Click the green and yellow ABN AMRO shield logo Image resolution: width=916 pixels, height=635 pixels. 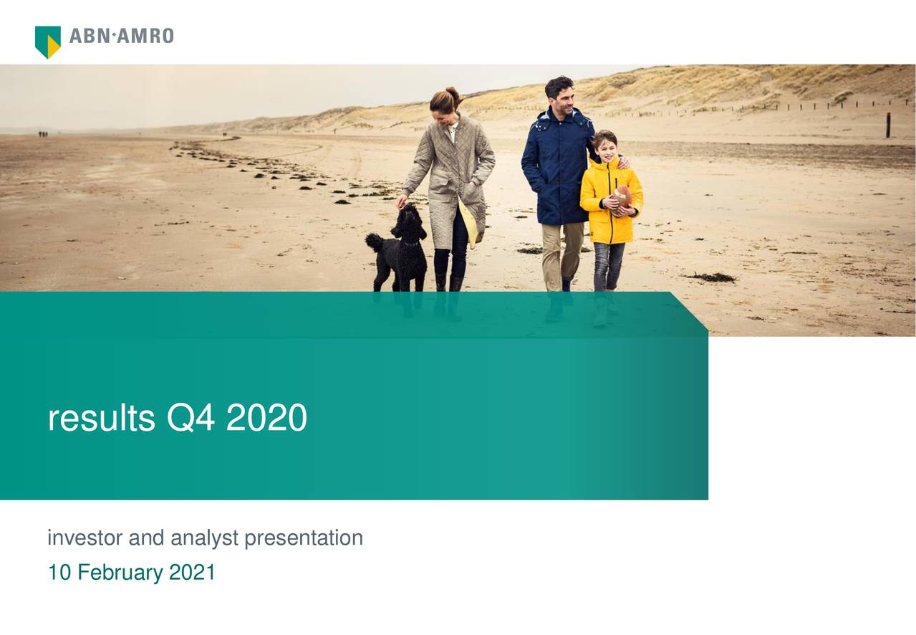pos(48,42)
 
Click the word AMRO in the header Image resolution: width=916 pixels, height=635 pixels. pos(145,36)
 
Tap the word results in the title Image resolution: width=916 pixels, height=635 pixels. pos(102,417)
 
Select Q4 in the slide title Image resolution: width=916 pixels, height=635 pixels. pos(191,417)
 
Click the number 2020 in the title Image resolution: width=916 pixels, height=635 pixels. pos(266,417)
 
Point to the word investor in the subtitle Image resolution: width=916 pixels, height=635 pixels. pos(85,538)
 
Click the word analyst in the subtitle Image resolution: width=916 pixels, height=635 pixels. pos(204,539)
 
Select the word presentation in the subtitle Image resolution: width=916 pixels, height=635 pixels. pos(304,539)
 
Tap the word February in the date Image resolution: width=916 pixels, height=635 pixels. pos(120,573)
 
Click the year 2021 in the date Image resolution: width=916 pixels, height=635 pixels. pos(192,572)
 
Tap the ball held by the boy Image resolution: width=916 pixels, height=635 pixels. pos(622,200)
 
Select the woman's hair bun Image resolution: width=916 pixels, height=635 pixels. pos(453,94)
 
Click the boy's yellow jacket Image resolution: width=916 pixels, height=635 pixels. pos(610,201)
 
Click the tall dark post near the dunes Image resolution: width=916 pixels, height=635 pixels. pos(888,125)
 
